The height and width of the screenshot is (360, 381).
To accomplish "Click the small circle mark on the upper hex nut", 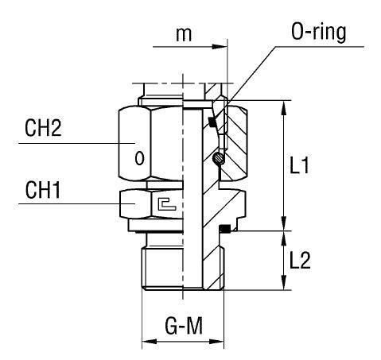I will click(x=139, y=157).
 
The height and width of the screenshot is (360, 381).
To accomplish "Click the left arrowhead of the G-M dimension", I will click(x=146, y=343).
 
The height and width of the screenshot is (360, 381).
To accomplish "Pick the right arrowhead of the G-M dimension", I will click(x=220, y=343).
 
